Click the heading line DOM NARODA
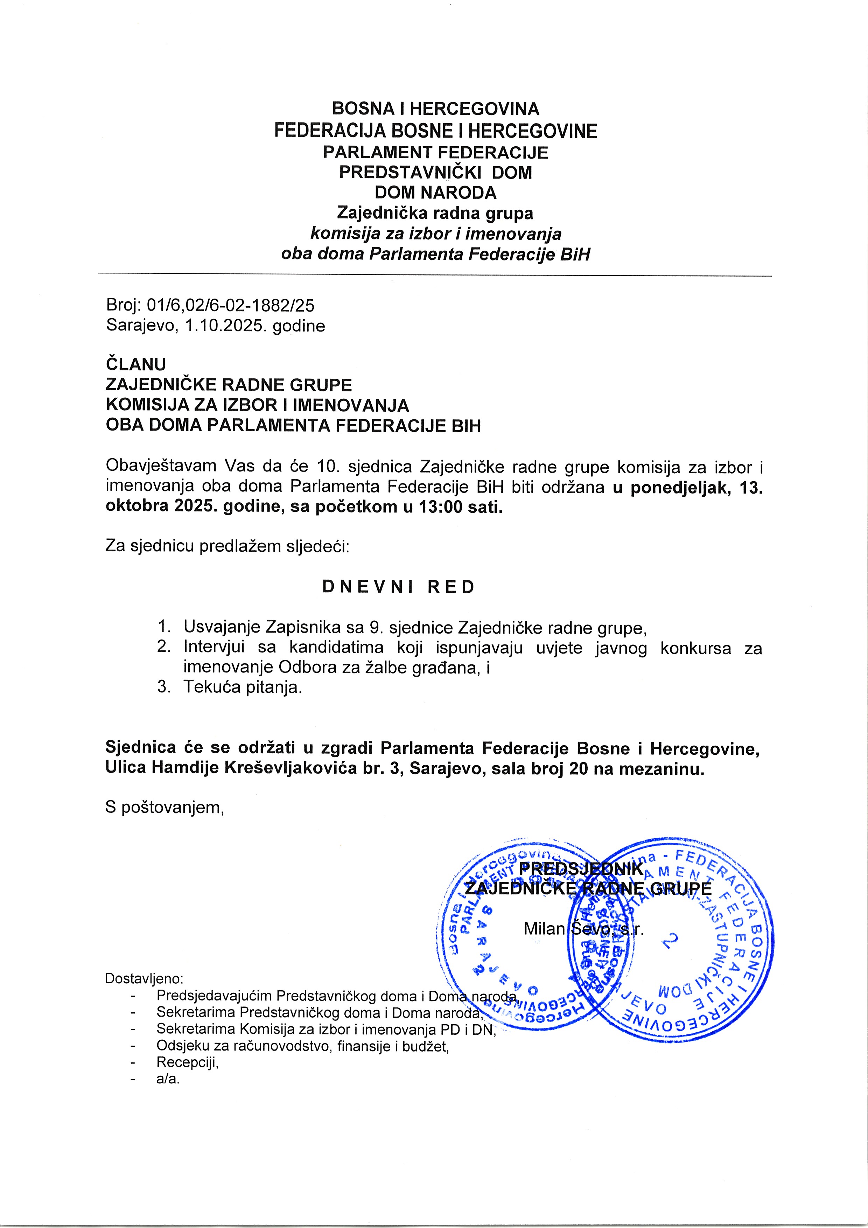click(435, 193)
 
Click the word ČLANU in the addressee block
click(136, 365)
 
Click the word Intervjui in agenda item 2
click(214, 648)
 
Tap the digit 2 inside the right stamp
click(672, 939)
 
